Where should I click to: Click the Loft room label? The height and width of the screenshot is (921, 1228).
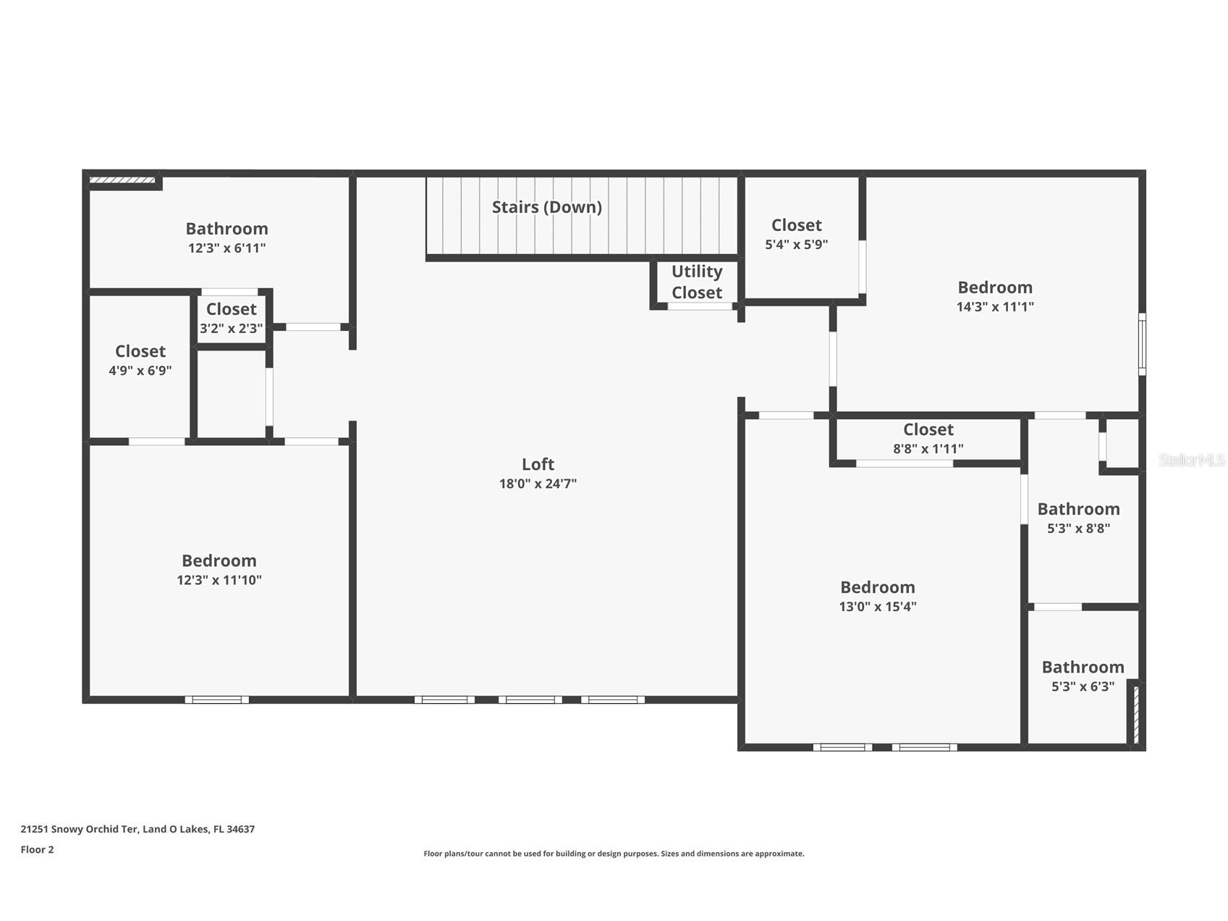coord(538,464)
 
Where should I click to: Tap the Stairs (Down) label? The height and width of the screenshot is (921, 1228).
coord(546,207)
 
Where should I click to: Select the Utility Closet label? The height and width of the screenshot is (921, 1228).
coord(696,282)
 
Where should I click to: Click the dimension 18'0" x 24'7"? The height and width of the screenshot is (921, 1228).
coord(538,484)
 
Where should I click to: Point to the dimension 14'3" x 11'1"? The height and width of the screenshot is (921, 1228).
coord(995,306)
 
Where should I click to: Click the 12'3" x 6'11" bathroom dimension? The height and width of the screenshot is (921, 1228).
coord(226,248)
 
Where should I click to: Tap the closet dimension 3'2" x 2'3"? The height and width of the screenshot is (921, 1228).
coord(231,329)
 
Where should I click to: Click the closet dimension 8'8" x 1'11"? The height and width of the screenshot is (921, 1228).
coord(928,449)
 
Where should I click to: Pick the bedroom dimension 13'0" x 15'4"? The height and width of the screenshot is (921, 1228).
coord(877,607)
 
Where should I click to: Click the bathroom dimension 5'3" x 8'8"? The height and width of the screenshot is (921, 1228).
coord(1078,529)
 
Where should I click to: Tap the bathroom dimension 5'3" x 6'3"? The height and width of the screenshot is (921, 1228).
coord(1083,686)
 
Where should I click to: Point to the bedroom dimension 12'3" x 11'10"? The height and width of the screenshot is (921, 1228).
coord(219,580)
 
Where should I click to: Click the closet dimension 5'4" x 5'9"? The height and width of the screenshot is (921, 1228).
coord(796,245)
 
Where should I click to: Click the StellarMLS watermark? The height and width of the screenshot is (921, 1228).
coord(1191,460)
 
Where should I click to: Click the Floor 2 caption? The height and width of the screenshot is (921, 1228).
coord(37,849)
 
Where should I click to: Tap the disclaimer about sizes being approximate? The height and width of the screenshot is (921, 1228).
coord(614,854)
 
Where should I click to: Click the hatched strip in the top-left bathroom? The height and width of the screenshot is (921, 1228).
coord(122,180)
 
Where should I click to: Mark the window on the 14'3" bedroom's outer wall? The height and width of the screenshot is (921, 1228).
coord(1142,344)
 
